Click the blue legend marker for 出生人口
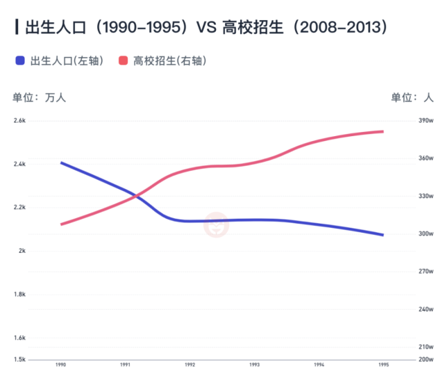(20, 60)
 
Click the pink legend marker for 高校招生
(123, 60)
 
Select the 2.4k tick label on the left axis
(19, 164)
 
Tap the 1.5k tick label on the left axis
(19, 360)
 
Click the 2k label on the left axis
(22, 251)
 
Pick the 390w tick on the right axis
(426, 120)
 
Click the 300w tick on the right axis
(426, 234)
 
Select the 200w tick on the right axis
(426, 360)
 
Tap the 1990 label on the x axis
(61, 365)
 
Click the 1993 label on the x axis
(255, 365)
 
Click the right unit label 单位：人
(412, 98)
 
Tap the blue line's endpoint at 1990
(61, 163)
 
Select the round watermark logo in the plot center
(217, 224)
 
